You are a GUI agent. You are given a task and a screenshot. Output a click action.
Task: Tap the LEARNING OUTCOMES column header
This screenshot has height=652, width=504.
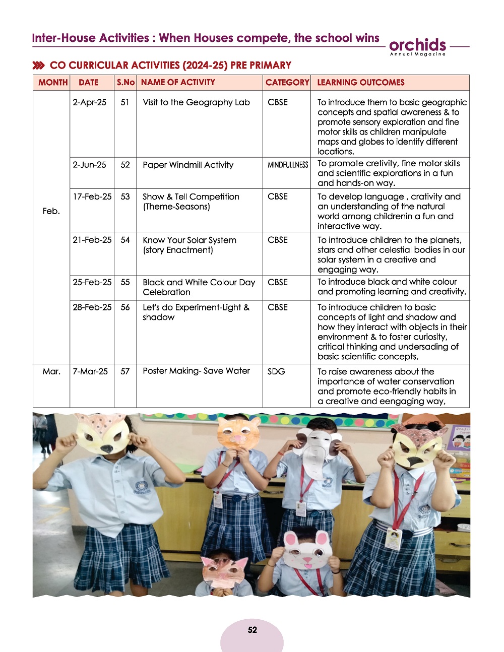361,82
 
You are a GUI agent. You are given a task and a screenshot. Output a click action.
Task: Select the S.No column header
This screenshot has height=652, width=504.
125,82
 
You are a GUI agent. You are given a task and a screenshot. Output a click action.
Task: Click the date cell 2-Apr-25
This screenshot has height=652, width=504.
89,102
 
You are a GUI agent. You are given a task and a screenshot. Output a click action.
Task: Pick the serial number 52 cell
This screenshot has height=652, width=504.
125,165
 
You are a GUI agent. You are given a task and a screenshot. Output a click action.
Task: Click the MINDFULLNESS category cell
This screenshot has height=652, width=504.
287,165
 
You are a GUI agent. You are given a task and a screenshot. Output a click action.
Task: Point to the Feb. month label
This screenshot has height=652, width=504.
51,211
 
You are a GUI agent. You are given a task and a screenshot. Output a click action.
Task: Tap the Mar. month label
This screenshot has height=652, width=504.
51,371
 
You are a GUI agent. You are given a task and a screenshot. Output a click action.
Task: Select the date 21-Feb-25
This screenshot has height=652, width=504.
92,240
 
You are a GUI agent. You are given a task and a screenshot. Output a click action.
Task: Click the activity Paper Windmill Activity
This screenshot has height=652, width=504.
188,165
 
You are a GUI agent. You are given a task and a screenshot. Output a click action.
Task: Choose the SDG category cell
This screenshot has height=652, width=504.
276,371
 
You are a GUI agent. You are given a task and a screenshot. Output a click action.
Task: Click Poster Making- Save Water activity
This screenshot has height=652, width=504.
196,371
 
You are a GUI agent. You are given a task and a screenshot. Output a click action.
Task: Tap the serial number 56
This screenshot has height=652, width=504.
125,307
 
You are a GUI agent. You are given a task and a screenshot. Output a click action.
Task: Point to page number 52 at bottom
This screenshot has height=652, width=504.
252,630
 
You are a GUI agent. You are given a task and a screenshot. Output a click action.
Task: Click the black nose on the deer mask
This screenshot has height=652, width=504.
106,448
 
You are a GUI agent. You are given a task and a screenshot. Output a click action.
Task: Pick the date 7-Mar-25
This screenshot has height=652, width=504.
90,371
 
